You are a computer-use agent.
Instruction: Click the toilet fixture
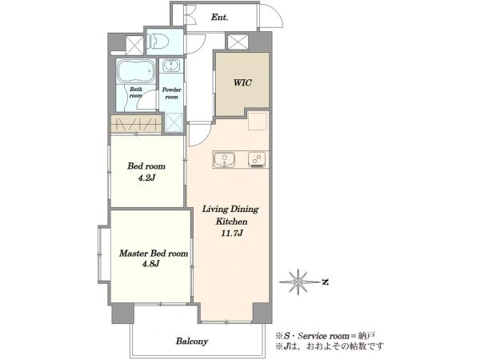[x=158, y=41]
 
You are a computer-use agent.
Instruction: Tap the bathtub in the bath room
[x=136, y=71]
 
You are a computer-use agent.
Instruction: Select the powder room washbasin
[x=171, y=66]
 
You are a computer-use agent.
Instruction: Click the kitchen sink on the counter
[x=224, y=160]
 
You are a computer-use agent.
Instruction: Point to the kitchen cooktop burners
[x=257, y=160]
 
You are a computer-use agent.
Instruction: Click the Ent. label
[x=219, y=18]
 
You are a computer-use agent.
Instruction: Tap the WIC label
[x=242, y=82]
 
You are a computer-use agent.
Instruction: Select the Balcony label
[x=192, y=341]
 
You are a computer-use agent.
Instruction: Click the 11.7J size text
[x=232, y=234]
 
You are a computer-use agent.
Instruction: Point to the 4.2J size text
[x=146, y=178]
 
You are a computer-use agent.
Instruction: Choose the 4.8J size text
[x=150, y=264]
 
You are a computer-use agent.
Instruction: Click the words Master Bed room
[x=154, y=254]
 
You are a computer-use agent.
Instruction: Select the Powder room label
[x=171, y=94]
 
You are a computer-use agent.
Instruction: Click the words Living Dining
[x=230, y=210]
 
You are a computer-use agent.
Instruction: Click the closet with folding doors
[x=136, y=125]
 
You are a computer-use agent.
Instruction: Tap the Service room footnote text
[x=325, y=336]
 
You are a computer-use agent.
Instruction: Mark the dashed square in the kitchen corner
[x=257, y=121]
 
